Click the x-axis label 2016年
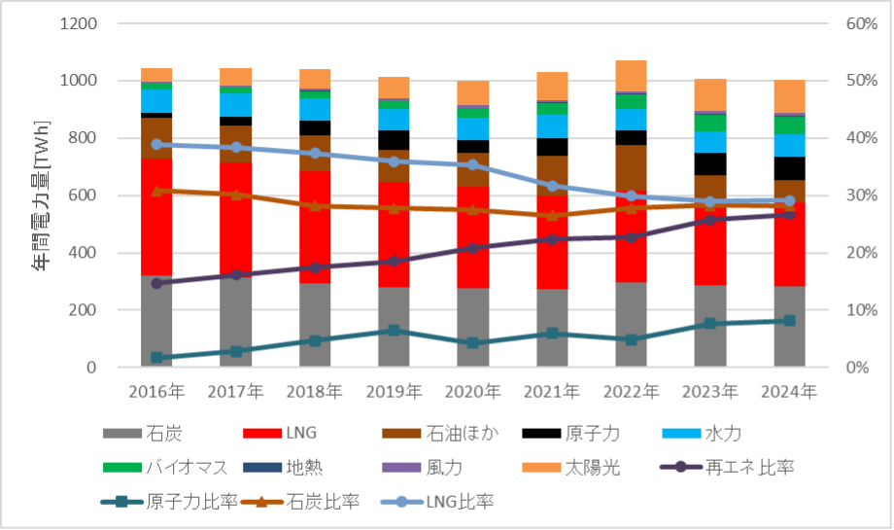(156, 393)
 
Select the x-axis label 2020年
(472, 393)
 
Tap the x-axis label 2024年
(789, 393)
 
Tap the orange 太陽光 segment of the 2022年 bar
(631, 76)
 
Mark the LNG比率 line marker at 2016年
(156, 144)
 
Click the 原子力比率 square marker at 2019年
(394, 331)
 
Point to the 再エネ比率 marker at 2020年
(472, 248)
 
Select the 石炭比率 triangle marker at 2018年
(315, 205)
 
